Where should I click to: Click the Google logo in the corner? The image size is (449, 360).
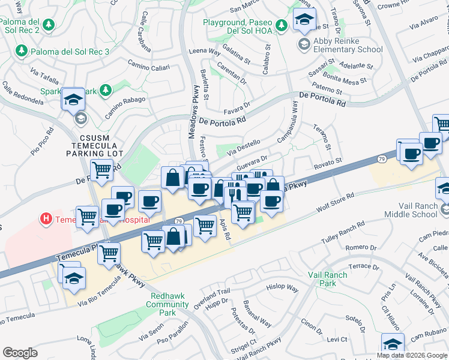pyautogui.click(x=20, y=353)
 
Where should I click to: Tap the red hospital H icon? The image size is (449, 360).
pyautogui.click(x=46, y=220)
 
